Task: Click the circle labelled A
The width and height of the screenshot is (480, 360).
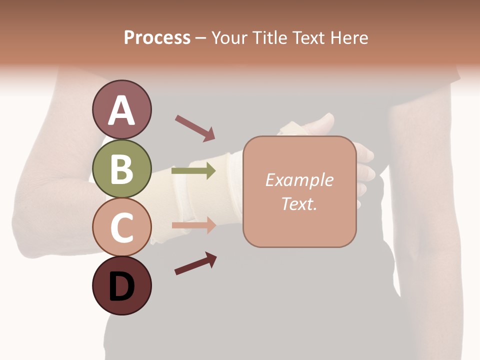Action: pyautogui.click(x=121, y=110)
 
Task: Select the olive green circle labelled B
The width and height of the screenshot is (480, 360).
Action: pyautogui.click(x=121, y=168)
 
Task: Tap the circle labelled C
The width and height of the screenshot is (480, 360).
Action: pyautogui.click(x=121, y=227)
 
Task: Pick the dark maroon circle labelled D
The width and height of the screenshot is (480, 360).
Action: pyautogui.click(x=121, y=285)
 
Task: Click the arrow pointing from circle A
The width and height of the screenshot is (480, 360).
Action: pyautogui.click(x=195, y=127)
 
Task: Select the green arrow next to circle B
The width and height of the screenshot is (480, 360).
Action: pyautogui.click(x=193, y=171)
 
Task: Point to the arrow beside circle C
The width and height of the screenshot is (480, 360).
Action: pyautogui.click(x=193, y=225)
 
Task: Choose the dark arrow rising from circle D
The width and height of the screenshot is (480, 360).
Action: pyautogui.click(x=195, y=263)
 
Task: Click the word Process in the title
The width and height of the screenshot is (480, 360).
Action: pyautogui.click(x=157, y=38)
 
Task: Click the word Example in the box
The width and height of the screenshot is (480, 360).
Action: pyautogui.click(x=299, y=180)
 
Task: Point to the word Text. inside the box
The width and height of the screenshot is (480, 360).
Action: pyautogui.click(x=299, y=203)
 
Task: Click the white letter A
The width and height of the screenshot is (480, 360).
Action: pyautogui.click(x=121, y=110)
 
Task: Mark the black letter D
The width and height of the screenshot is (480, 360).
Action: pyautogui.click(x=121, y=286)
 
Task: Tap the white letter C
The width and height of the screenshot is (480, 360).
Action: pyautogui.click(x=121, y=227)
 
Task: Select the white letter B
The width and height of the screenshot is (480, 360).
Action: pyautogui.click(x=121, y=169)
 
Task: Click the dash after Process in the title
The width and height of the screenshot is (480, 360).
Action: pyautogui.click(x=200, y=38)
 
